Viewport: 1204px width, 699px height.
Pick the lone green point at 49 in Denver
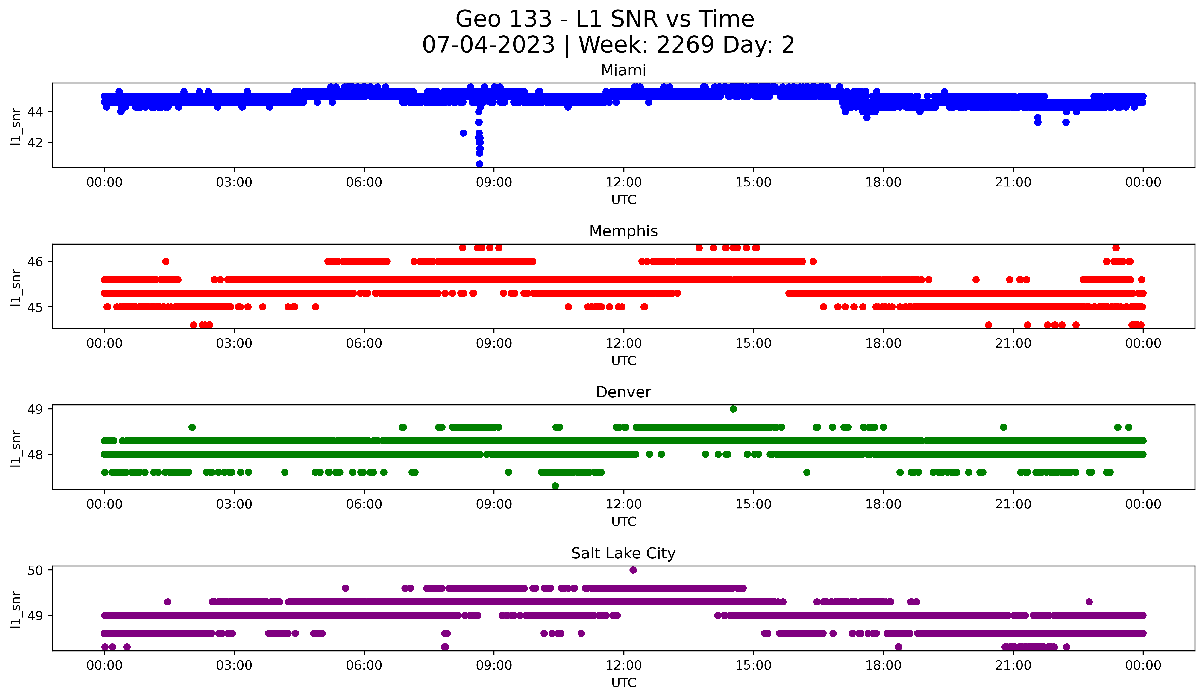(733, 409)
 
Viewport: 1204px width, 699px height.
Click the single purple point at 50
(633, 570)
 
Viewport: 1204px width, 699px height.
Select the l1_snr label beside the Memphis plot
(16, 287)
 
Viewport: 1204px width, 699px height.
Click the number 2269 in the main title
(686, 45)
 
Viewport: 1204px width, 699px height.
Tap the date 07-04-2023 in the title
(488, 45)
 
